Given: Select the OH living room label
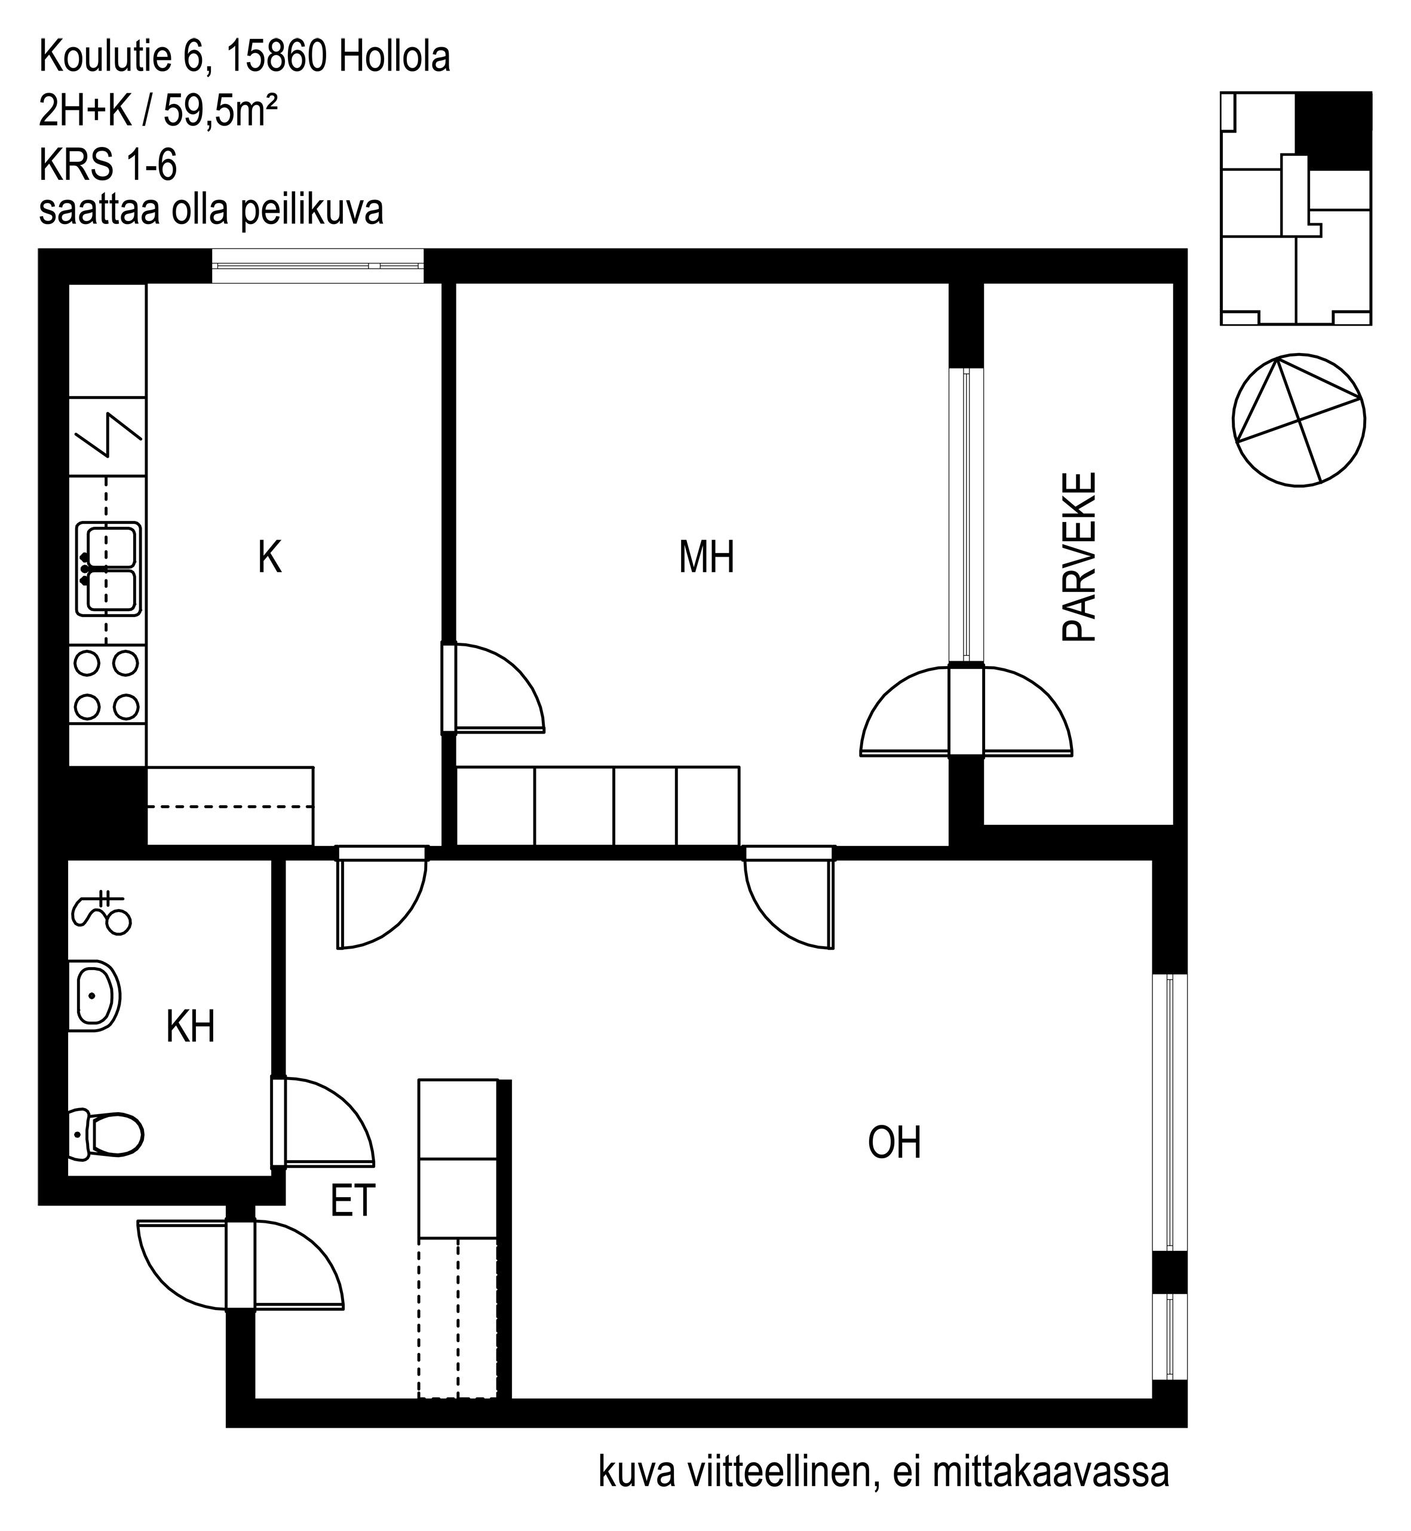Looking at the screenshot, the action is coord(894,1143).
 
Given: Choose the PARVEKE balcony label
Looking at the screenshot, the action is coord(1079,557).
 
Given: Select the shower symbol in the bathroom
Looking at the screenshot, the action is coord(102,913).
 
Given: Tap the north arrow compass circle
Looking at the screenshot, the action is coord(1299,419).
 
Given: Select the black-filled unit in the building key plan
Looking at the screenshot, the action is coord(1333,131).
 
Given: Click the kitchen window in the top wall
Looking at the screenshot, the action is coord(318,266).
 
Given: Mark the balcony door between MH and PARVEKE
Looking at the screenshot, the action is coord(966,711).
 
